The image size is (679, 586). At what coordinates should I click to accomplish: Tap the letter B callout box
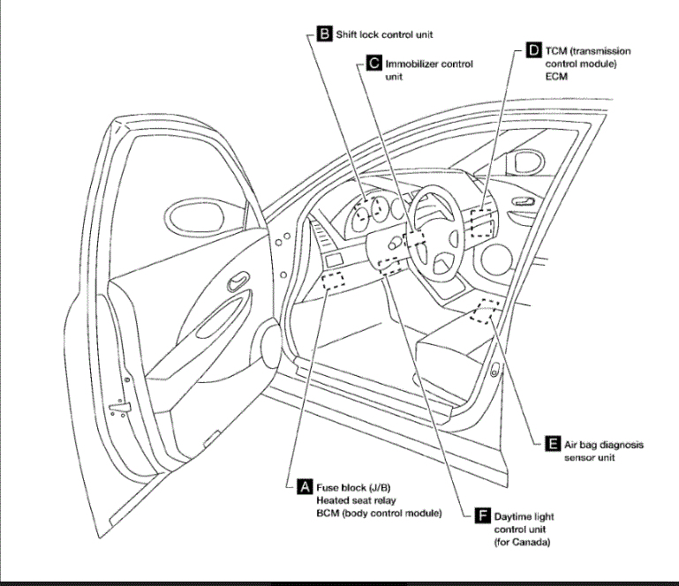(324, 34)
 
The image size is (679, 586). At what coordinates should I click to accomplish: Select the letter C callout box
(373, 64)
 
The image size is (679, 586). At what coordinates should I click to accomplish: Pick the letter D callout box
(532, 50)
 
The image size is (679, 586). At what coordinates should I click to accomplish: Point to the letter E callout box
(552, 445)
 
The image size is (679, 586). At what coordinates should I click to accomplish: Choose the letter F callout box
(482, 515)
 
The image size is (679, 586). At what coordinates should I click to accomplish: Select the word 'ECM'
(556, 77)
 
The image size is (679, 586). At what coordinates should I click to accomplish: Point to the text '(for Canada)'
(522, 542)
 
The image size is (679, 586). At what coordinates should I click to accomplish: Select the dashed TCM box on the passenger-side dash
(482, 221)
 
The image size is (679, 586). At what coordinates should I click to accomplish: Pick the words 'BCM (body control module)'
(379, 513)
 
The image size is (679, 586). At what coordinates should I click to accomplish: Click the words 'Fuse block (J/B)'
(354, 486)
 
